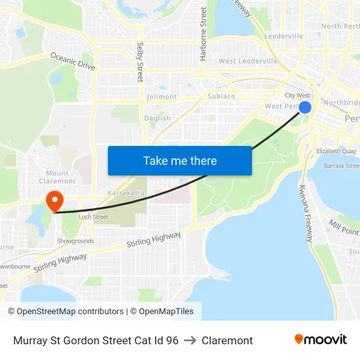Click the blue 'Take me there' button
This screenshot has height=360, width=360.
coord(179,160)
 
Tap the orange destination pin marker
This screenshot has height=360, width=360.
coord(54,200)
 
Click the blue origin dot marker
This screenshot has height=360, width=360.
coord(304,106)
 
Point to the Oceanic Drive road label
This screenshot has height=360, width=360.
coord(73,62)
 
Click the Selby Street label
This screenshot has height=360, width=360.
coord(140,62)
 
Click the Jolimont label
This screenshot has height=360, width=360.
coord(162,97)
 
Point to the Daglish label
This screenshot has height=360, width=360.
coord(158,118)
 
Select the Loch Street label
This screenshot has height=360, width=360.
coord(94,217)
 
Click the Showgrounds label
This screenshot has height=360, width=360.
coord(75,241)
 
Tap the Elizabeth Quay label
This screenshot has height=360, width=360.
coord(336,151)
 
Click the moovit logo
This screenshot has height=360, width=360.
coord(321,340)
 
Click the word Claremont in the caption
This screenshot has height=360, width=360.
coord(227,340)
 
